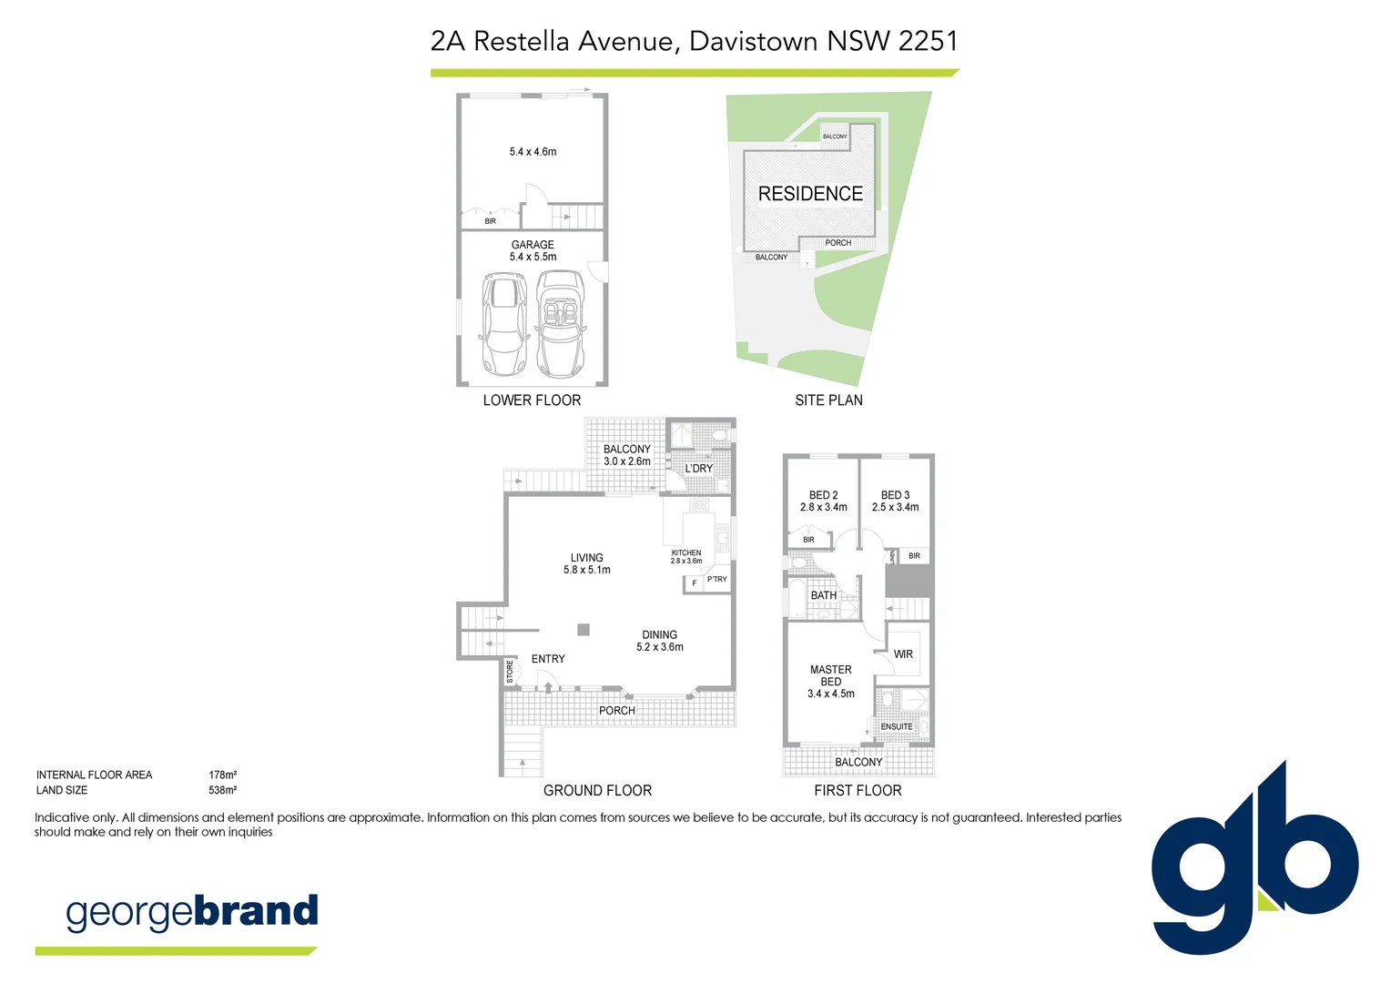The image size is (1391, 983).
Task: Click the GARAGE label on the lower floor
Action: pos(533,245)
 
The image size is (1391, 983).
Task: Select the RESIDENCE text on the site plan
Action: pos(810,194)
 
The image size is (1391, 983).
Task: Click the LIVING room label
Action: pos(586,558)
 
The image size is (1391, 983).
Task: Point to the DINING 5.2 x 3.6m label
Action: pos(659,641)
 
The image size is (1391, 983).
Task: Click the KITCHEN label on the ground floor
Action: pos(686,552)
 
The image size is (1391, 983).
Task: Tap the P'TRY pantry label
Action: pos(717,579)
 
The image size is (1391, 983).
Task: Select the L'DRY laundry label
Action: pos(699,469)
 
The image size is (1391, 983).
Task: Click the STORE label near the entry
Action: pos(510,672)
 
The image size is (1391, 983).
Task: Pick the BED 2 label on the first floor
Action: pos(823,495)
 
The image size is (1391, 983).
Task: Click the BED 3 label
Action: pos(895,495)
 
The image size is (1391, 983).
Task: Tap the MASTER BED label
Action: pos(830,675)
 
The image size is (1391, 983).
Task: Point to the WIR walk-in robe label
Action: pos(903,654)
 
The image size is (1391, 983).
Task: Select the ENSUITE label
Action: pos(897,726)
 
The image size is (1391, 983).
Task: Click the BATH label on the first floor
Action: pos(824,595)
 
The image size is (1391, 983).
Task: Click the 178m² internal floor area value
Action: pos(222,775)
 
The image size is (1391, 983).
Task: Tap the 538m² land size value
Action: pos(222,790)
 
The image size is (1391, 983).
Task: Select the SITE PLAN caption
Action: pos(828,400)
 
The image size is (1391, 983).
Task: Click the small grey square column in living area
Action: pos(584,629)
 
